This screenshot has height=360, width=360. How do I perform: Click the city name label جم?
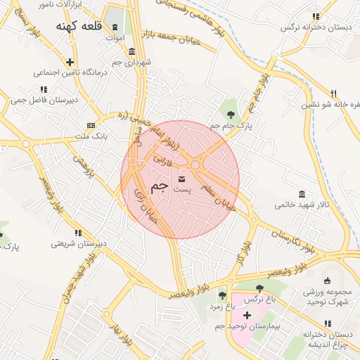(x=160, y=186)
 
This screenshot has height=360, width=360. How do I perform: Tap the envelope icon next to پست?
(x=182, y=179)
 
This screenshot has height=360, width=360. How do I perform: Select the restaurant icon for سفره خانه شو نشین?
(x=334, y=93)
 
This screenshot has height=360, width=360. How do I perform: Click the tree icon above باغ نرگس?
(x=259, y=288)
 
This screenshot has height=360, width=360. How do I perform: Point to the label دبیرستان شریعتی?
(x=78, y=244)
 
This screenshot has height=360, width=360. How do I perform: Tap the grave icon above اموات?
(x=115, y=27)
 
